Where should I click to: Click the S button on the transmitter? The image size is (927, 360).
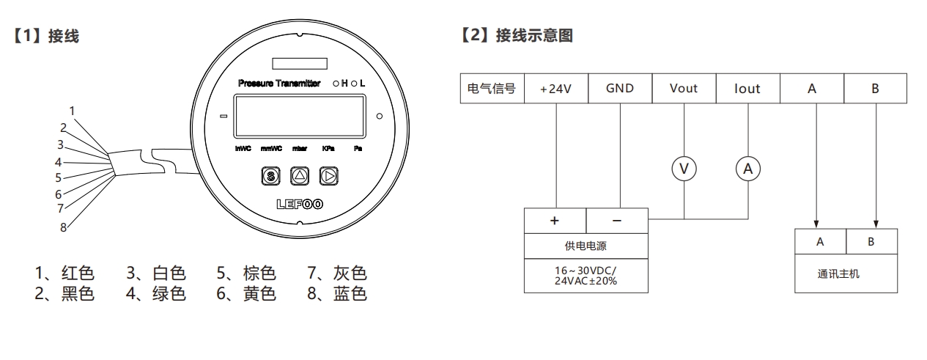270,176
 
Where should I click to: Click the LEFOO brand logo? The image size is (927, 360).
299,205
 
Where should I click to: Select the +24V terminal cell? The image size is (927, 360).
555,89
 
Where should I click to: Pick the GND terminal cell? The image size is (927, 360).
620,89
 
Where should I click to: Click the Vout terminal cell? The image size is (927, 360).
684,89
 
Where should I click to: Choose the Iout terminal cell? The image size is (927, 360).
747,89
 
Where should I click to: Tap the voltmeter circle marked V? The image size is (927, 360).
684,169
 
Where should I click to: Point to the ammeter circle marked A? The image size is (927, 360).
748,169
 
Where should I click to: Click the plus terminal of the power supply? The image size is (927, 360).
555,220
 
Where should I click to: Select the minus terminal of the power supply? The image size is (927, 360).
617,220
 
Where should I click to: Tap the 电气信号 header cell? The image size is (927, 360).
491,89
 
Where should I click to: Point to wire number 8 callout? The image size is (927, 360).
64,227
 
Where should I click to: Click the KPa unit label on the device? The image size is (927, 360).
328,148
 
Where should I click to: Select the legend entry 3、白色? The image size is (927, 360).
155,274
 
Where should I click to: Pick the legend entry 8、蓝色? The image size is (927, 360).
336,294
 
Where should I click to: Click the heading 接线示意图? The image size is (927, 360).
533,36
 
